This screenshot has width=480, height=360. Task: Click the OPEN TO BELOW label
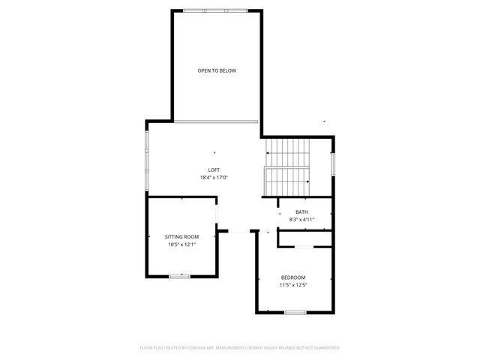(x=217, y=70)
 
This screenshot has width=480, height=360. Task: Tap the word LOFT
(x=214, y=169)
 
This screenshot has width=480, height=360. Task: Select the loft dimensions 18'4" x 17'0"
(x=214, y=178)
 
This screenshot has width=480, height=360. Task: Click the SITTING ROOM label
(x=181, y=237)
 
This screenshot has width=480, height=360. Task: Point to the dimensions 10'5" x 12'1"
(x=181, y=244)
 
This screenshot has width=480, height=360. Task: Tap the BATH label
(x=301, y=211)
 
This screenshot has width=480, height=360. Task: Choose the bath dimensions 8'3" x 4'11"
(x=301, y=220)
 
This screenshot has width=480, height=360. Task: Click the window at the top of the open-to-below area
(x=217, y=10)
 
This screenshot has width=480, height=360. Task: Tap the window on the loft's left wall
(x=146, y=161)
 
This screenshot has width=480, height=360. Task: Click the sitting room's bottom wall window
(x=179, y=277)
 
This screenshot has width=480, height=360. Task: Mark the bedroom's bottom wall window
(x=295, y=312)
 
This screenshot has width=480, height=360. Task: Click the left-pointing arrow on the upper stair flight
(x=268, y=153)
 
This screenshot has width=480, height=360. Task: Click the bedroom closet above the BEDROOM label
(x=306, y=239)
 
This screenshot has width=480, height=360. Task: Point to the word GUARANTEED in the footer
(x=326, y=348)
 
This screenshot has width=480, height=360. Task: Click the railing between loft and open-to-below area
(x=217, y=121)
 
